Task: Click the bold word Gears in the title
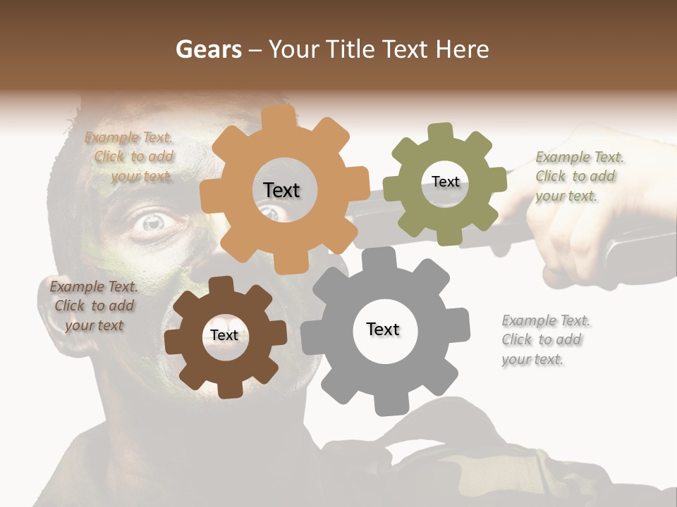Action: click(208, 49)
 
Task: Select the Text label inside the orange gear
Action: click(281, 190)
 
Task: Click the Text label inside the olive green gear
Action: click(445, 182)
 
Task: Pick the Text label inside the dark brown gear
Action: click(224, 335)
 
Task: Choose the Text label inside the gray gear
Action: click(383, 329)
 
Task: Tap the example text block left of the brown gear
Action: click(94, 306)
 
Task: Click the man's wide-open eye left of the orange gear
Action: click(153, 223)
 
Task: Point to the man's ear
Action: click(50, 313)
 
